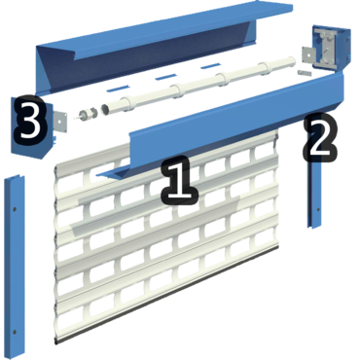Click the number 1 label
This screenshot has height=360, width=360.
[179, 180]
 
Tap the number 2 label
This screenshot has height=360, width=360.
[320, 137]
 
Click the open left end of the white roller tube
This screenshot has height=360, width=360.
[106, 109]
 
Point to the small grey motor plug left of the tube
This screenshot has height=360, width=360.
[84, 115]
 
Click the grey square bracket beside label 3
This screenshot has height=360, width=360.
[60, 122]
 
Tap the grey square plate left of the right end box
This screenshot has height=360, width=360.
[308, 55]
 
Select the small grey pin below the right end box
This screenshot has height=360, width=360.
[304, 72]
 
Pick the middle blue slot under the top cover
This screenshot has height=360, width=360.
[165, 77]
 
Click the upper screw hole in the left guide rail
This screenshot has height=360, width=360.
[15, 209]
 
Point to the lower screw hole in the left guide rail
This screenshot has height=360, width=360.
[15, 332]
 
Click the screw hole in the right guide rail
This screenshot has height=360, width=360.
[317, 209]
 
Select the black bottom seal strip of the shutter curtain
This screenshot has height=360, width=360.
[167, 295]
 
